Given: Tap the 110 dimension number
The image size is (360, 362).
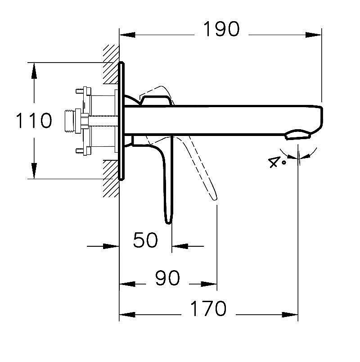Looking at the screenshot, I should pyautogui.click(x=34, y=121).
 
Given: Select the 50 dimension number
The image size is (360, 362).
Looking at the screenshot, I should pyautogui.click(x=146, y=240).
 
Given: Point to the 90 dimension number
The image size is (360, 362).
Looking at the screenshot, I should pyautogui.click(x=167, y=279).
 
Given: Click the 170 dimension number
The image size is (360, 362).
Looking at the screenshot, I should pyautogui.click(x=207, y=309).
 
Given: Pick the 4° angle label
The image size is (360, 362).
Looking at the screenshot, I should pyautogui.click(x=277, y=162).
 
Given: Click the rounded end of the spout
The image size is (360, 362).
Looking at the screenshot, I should pyautogui.click(x=321, y=118).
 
